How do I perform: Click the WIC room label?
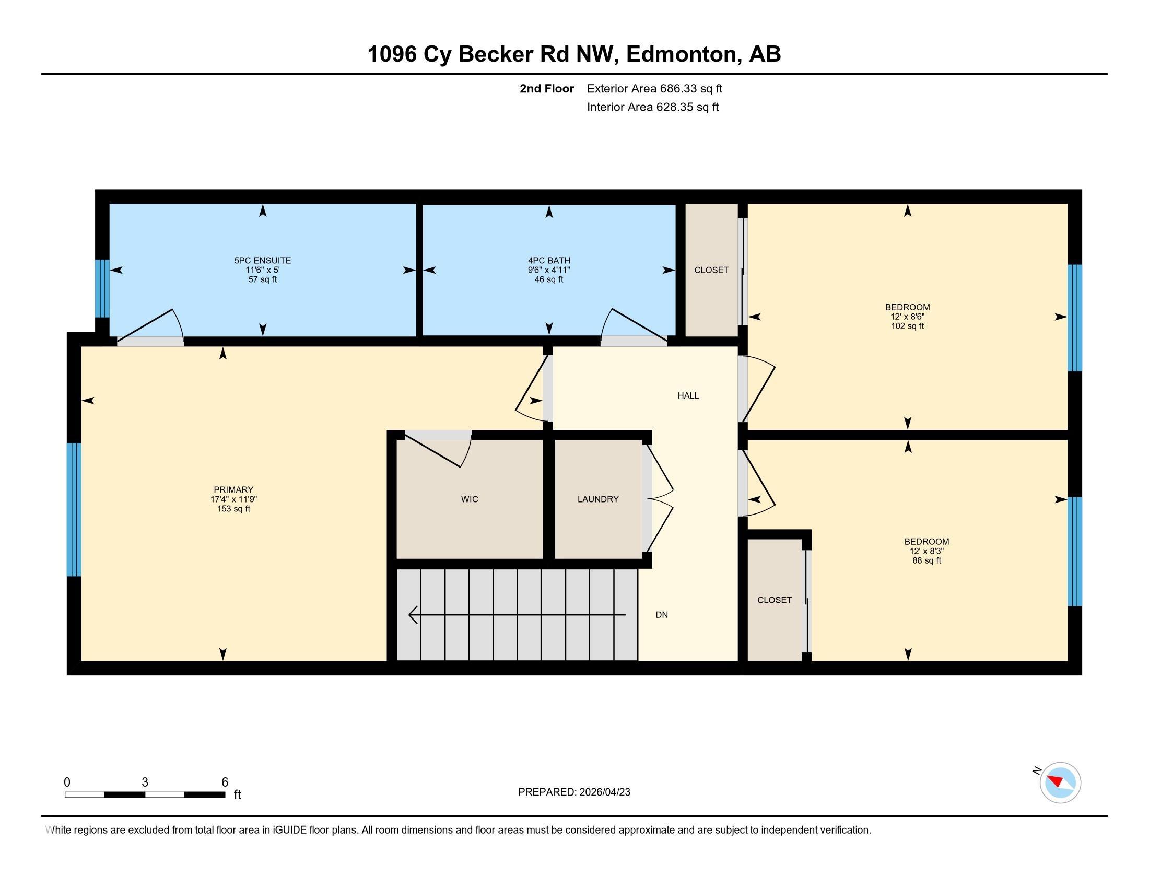tap(470, 499)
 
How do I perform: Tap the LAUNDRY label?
tap(598, 499)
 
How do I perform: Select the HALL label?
tap(688, 395)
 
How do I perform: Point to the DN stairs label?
tap(662, 614)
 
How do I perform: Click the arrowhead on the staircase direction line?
tap(413, 614)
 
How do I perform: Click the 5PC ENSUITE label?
tap(263, 261)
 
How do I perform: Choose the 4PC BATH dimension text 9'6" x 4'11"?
tap(549, 270)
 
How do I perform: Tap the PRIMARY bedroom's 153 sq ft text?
tap(233, 509)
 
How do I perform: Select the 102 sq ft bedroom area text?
tap(908, 326)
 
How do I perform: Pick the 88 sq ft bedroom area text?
tap(927, 561)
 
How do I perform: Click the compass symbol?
tap(1060, 782)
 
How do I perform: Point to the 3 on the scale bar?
tap(145, 782)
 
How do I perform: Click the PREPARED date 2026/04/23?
tap(604, 792)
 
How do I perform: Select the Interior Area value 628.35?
tap(674, 107)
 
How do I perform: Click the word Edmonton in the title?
tap(681, 54)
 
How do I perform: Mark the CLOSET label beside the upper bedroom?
tap(711, 270)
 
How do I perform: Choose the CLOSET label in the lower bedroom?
tap(775, 600)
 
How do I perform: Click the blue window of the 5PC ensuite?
tap(102, 289)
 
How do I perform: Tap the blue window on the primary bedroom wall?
tap(74, 509)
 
